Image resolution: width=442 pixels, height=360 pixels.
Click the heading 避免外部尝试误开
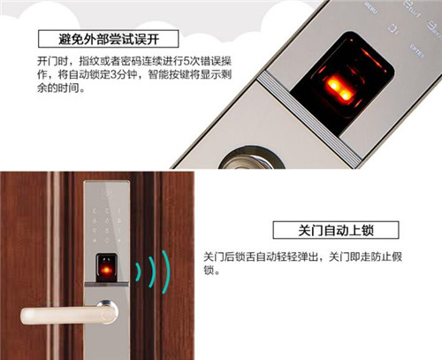click(x=109, y=39)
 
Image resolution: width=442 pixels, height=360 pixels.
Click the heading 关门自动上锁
click(x=336, y=230)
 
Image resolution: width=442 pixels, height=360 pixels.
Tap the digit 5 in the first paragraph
click(x=187, y=61)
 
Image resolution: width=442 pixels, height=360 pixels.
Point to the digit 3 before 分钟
click(x=114, y=74)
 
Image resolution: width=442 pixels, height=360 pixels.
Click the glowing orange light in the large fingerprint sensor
click(x=339, y=89)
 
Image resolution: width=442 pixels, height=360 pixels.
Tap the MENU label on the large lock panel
click(x=370, y=8)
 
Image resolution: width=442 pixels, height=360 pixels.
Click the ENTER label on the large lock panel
click(x=417, y=51)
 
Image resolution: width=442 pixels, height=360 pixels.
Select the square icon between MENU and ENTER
click(x=393, y=29)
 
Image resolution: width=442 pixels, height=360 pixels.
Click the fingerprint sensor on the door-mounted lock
click(x=106, y=267)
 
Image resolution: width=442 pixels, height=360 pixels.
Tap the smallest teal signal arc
click(x=139, y=272)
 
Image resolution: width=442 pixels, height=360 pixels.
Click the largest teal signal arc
click(x=168, y=272)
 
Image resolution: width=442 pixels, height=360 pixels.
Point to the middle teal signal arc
click(x=153, y=272)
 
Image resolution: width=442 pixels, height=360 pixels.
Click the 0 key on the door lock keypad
click(x=107, y=241)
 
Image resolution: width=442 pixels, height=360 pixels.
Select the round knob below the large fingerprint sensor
click(x=251, y=158)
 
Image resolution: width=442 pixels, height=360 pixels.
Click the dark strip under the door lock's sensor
click(x=106, y=284)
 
